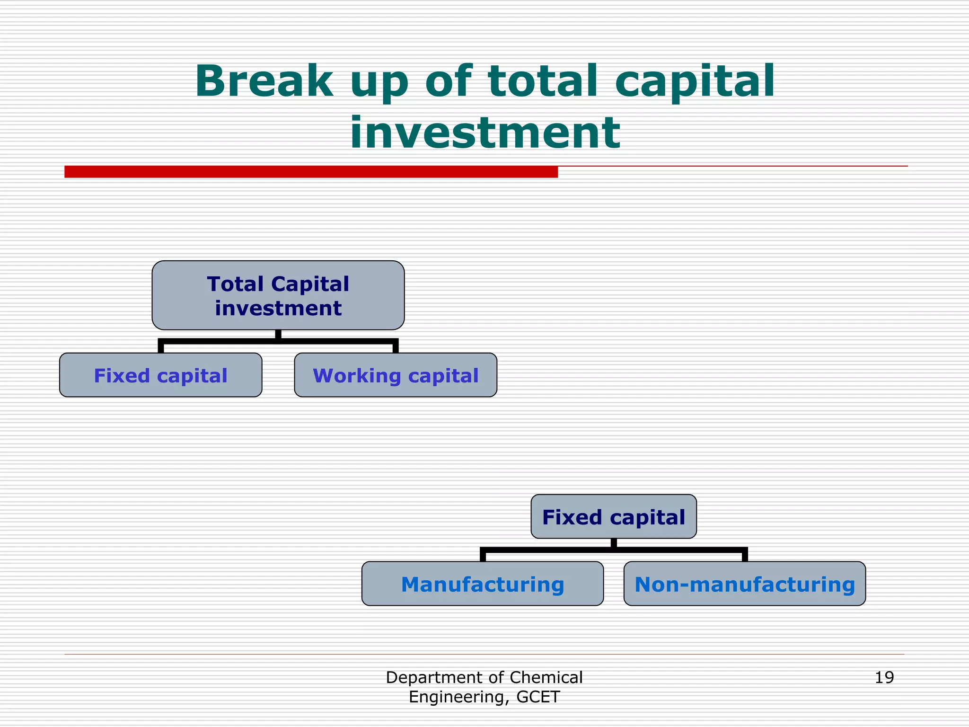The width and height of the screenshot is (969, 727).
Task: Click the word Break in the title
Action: pyautogui.click(x=264, y=81)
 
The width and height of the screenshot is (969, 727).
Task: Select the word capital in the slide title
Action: pyautogui.click(x=695, y=81)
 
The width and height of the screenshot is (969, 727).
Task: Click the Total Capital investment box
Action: pyautogui.click(x=278, y=295)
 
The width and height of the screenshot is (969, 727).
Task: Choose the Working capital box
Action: pyautogui.click(x=396, y=375)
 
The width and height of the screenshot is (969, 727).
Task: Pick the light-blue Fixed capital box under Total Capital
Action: pyautogui.click(x=160, y=375)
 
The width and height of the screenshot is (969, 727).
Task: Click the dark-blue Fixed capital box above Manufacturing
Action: pyautogui.click(x=614, y=516)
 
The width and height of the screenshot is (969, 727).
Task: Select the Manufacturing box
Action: pyautogui.click(x=482, y=584)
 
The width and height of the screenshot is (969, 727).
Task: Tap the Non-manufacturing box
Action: pyautogui.click(x=745, y=584)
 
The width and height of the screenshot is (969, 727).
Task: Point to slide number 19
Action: pyautogui.click(x=884, y=677)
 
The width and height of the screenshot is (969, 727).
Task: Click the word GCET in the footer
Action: pyautogui.click(x=538, y=697)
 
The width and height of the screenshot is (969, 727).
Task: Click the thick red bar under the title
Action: pyautogui.click(x=311, y=172)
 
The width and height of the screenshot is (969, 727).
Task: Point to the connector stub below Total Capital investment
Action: pyautogui.click(x=278, y=335)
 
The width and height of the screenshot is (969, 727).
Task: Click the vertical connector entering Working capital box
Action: pyautogui.click(x=396, y=347)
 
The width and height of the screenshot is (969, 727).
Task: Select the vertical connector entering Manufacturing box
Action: pyautogui.click(x=483, y=556)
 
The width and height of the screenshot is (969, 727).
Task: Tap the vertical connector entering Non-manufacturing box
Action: pyautogui.click(x=745, y=556)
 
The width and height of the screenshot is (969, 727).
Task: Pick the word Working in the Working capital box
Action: pyautogui.click(x=357, y=375)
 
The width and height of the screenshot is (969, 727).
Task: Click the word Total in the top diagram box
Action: pyautogui.click(x=235, y=284)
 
